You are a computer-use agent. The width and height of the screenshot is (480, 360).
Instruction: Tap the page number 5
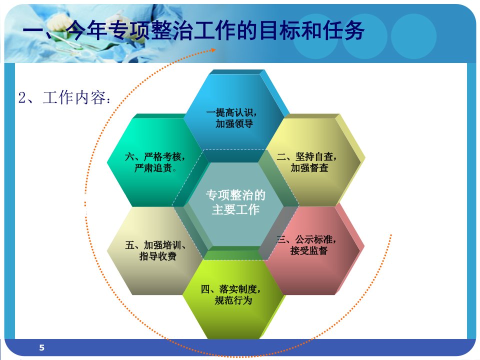coord(42,347)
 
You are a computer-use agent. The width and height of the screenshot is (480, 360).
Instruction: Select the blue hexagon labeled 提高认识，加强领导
coord(234,116)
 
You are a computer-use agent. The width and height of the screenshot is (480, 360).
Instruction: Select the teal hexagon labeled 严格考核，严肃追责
coord(154,160)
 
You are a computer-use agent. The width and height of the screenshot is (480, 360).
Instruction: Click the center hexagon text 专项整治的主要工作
coord(235,202)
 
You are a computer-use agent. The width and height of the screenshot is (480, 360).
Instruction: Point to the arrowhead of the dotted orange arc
coord(213,50)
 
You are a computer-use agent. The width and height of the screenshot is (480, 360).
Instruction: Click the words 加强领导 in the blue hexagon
coord(234,123)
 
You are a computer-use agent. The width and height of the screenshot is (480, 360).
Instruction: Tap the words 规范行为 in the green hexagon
coord(233,300)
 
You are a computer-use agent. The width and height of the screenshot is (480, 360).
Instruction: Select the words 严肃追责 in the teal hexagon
coord(153,168)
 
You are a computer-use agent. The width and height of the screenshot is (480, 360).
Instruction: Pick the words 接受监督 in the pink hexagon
coord(309,250)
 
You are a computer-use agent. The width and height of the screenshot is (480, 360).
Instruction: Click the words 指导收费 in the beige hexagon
coord(157,256)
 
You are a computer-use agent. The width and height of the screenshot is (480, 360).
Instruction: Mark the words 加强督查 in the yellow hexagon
coord(309,168)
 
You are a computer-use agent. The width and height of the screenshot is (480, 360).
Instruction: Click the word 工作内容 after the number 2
coord(74,97)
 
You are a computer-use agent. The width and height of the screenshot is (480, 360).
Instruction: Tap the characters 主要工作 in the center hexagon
coord(235,209)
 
